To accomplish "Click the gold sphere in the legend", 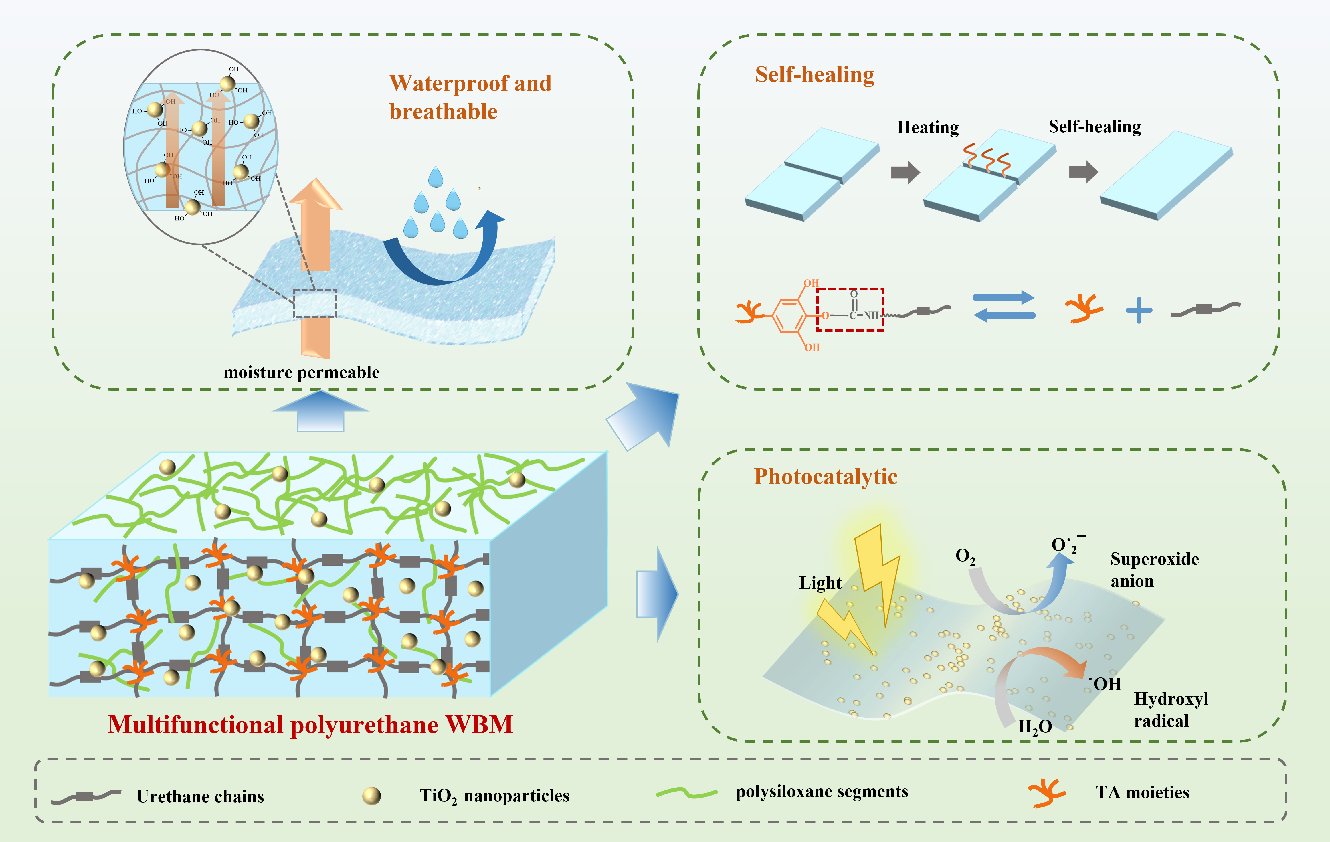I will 371,796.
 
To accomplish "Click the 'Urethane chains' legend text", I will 200,796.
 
